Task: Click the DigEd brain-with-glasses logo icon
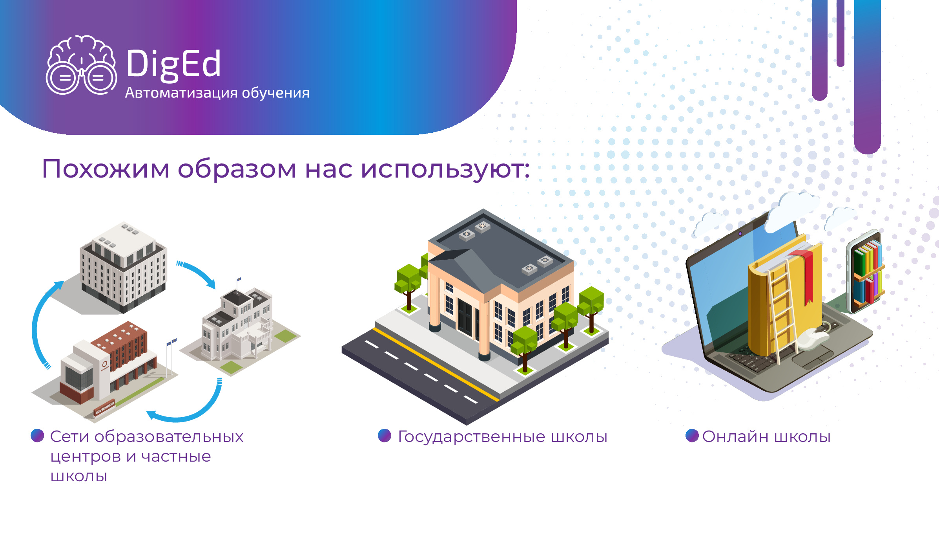click(81, 65)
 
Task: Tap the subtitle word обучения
click(275, 93)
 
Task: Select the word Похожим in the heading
click(106, 169)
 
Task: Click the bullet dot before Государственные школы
click(385, 436)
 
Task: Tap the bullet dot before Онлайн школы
click(692, 436)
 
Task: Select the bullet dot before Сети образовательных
click(37, 435)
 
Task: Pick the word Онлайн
click(735, 436)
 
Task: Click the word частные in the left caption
click(176, 456)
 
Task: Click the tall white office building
click(123, 267)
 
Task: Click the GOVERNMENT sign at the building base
click(105, 407)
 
